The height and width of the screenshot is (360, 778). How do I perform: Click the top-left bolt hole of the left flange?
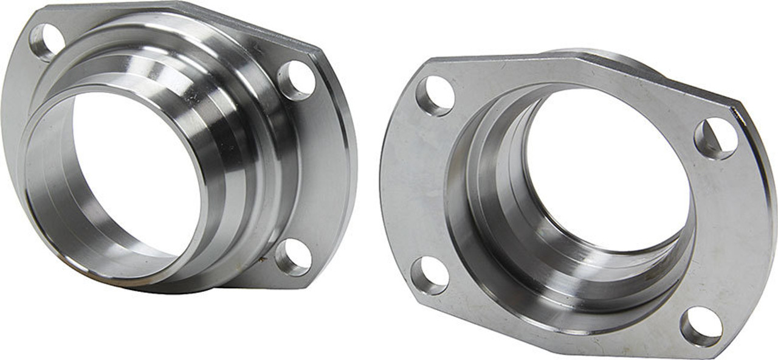[46, 41]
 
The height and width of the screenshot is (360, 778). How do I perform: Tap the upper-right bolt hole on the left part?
[297, 80]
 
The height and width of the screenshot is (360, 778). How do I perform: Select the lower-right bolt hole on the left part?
[293, 257]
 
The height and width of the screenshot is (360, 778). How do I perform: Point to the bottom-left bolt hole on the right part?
[430, 275]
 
